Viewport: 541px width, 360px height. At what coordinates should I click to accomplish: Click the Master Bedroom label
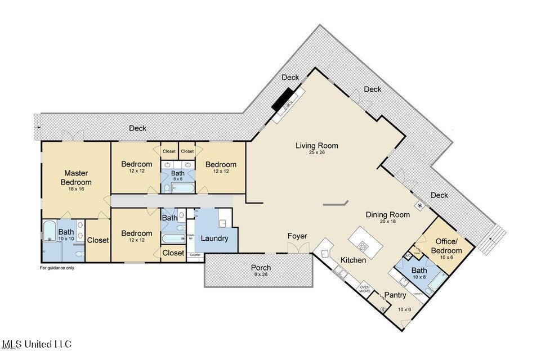pyautogui.click(x=76, y=177)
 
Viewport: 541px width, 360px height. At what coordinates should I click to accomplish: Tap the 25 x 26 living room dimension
pyautogui.click(x=317, y=152)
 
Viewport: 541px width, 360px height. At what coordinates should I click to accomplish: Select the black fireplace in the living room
pyautogui.click(x=282, y=99)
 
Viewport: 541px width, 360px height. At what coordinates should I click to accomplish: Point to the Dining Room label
pyautogui.click(x=387, y=214)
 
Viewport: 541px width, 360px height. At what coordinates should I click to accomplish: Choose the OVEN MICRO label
pyautogui.click(x=365, y=289)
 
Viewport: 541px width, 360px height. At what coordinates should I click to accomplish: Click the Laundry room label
pyautogui.click(x=214, y=238)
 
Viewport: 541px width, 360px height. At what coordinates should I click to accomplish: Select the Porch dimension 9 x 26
pyautogui.click(x=261, y=274)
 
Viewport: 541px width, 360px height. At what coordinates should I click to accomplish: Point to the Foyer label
pyautogui.click(x=297, y=236)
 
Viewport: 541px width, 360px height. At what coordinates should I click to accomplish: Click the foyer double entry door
pyautogui.click(x=298, y=249)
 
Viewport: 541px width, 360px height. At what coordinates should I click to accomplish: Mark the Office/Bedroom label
pyautogui.click(x=446, y=246)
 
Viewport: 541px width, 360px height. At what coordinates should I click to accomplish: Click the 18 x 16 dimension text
pyautogui.click(x=76, y=190)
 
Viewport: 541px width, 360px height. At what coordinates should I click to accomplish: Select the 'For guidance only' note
pyautogui.click(x=57, y=268)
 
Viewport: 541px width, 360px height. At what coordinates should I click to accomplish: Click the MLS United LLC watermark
pyautogui.click(x=37, y=343)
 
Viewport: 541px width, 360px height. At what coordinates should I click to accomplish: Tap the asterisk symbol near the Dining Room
pyautogui.click(x=420, y=206)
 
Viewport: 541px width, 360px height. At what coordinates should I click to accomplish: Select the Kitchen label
pyautogui.click(x=354, y=260)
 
